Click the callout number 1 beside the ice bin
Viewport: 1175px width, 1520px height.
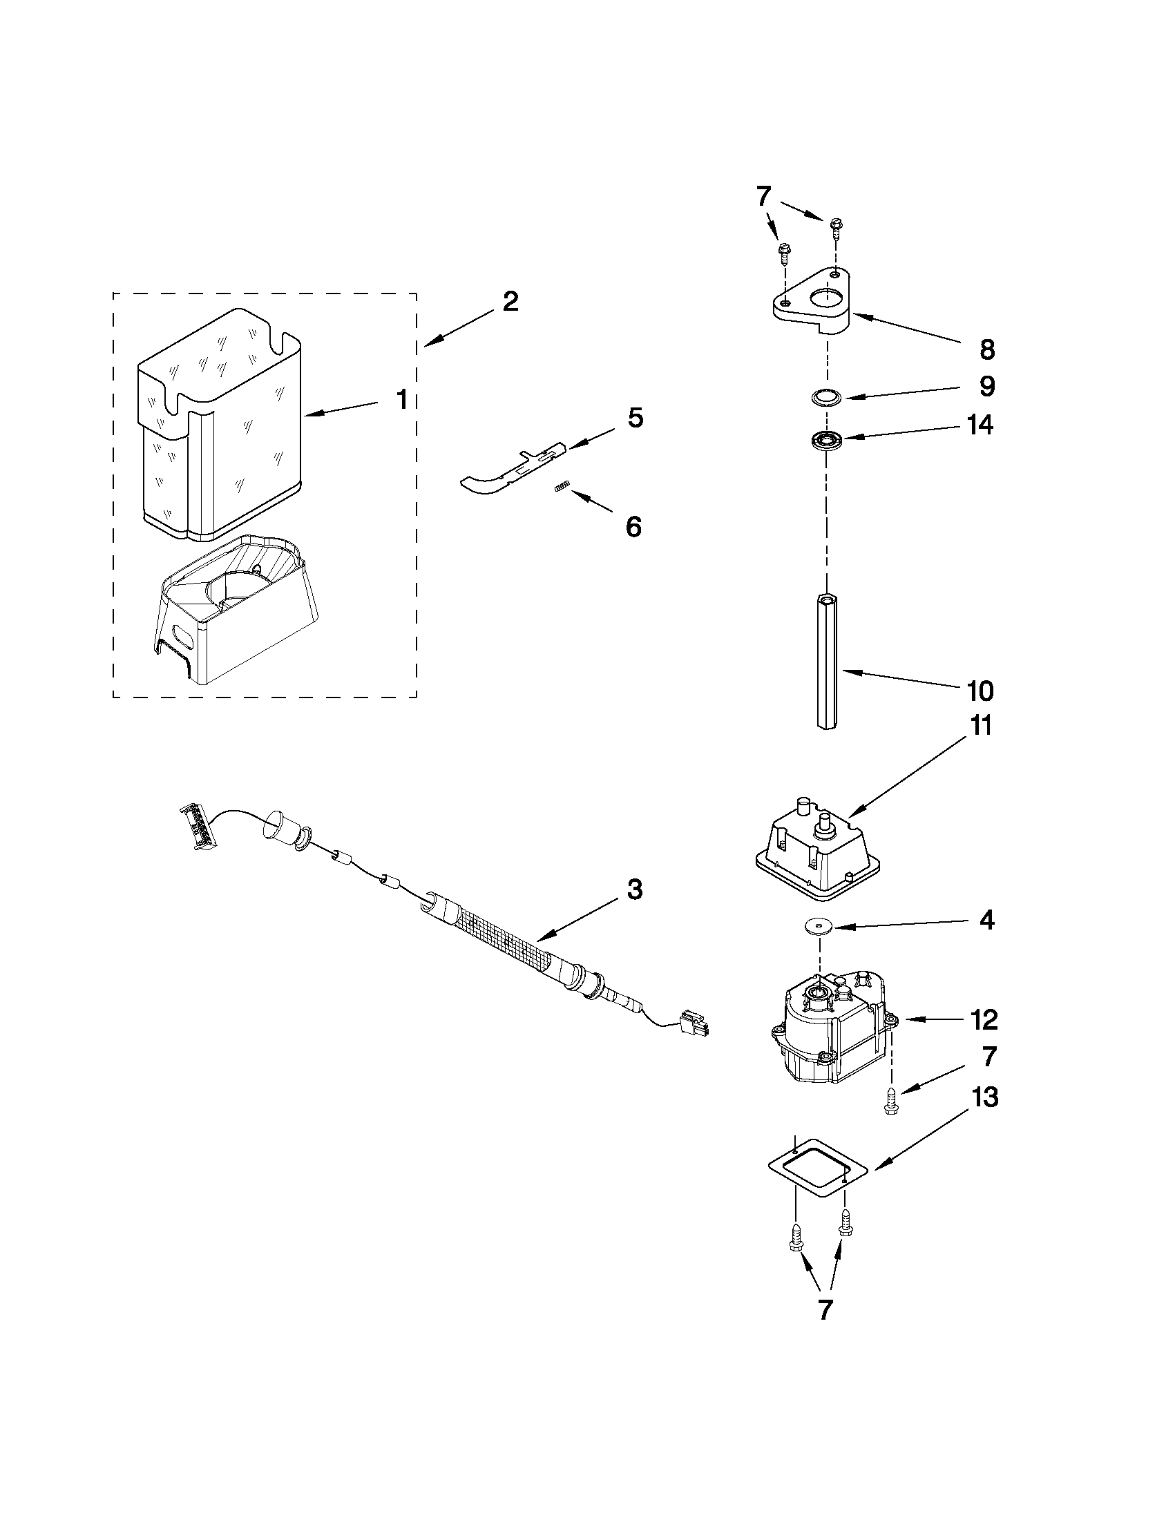[x=401, y=400]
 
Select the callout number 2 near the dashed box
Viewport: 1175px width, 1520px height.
[x=510, y=301]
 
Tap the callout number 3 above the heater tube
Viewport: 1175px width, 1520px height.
[x=634, y=889]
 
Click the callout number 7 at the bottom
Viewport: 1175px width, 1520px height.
[x=824, y=1310]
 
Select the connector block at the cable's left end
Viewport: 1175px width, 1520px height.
[x=198, y=827]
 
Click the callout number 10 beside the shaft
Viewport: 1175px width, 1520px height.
[x=980, y=691]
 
